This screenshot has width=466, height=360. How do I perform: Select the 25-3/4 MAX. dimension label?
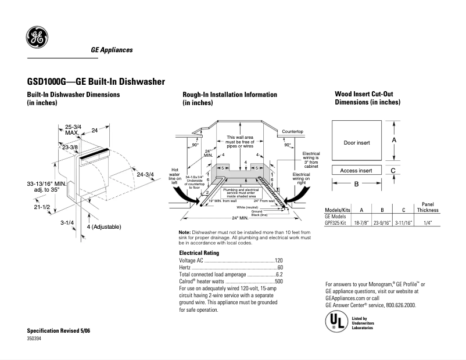pyautogui.click(x=73, y=129)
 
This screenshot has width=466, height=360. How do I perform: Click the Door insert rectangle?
pyautogui.click(x=357, y=142)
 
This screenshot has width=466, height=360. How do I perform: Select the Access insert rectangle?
pyautogui.click(x=357, y=171)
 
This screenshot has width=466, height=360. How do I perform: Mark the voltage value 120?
pyautogui.click(x=278, y=261)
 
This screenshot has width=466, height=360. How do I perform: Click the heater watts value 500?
pyautogui.click(x=278, y=282)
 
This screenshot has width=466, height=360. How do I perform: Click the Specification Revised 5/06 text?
pyautogui.click(x=59, y=330)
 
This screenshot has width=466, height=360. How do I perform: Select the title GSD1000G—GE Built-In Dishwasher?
pyautogui.click(x=96, y=81)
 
